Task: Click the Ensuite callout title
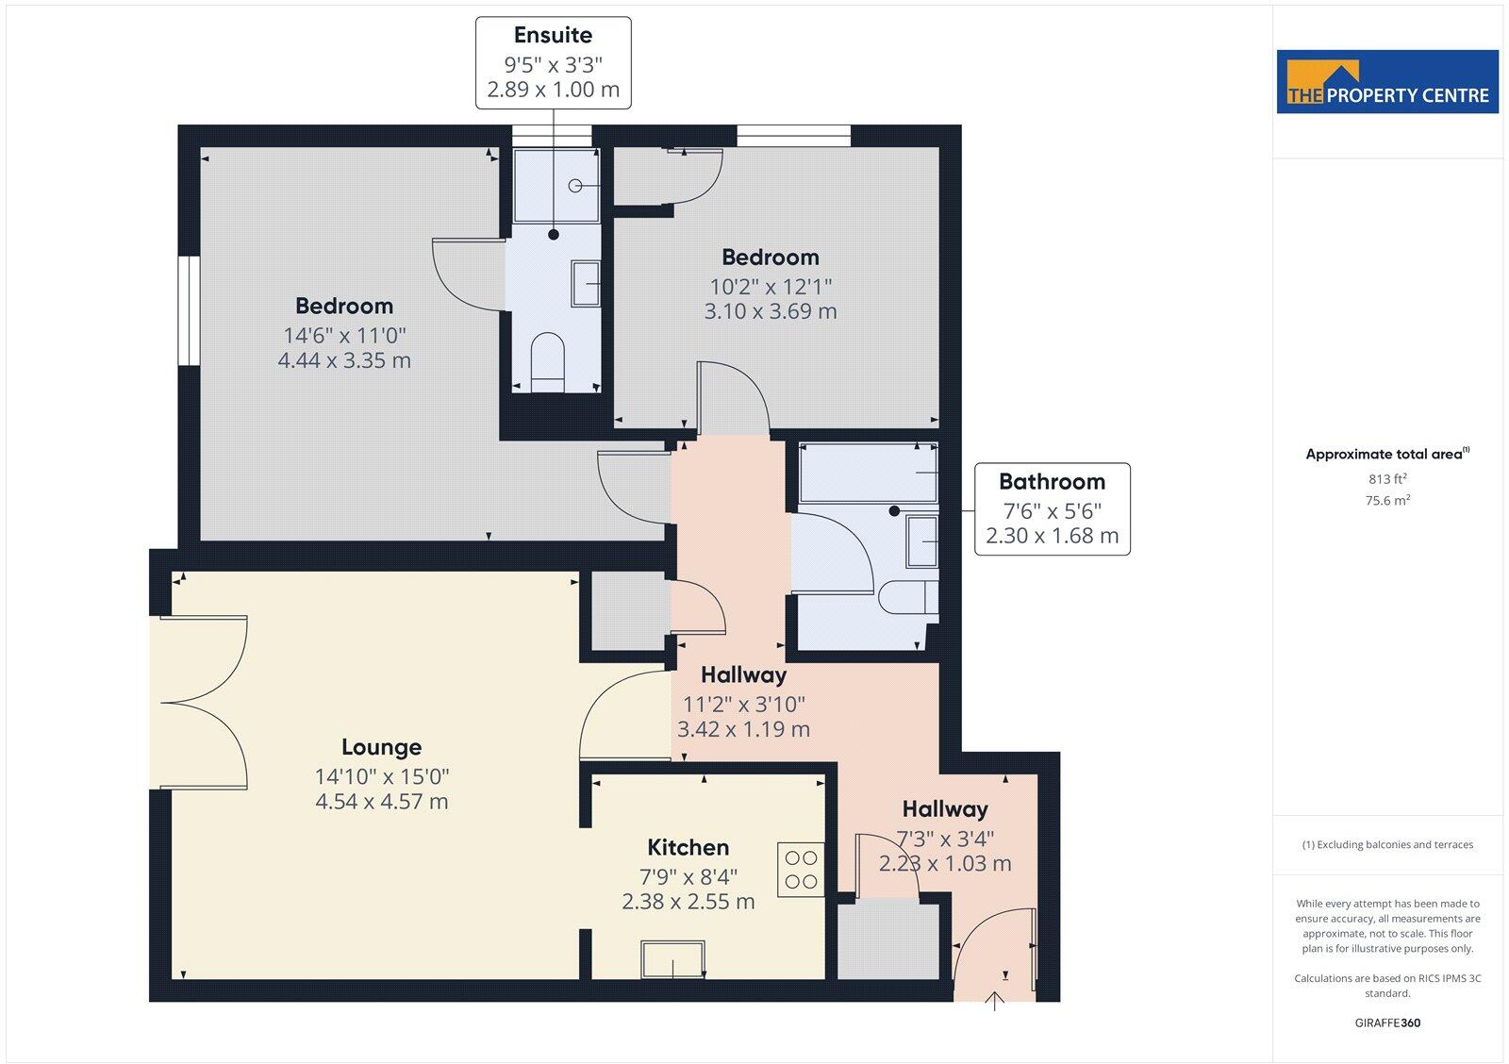tap(553, 36)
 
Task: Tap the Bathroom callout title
tap(1052, 482)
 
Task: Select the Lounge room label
tap(381, 748)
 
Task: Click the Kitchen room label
tap(688, 848)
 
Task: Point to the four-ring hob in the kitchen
tap(801, 870)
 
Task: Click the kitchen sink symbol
tap(672, 959)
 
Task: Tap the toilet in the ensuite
tap(547, 362)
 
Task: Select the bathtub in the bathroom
tap(868, 473)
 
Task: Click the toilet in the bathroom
tap(908, 598)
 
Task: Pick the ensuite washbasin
tap(586, 283)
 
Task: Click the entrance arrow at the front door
tap(995, 1001)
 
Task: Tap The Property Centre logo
tap(1387, 83)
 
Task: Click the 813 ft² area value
tap(1387, 479)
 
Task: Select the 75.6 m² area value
tap(1387, 501)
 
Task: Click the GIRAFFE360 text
tap(1387, 1022)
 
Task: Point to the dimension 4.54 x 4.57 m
tap(381, 802)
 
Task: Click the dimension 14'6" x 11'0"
tap(344, 336)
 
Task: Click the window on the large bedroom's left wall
tap(189, 310)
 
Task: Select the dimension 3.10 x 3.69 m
tap(770, 311)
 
